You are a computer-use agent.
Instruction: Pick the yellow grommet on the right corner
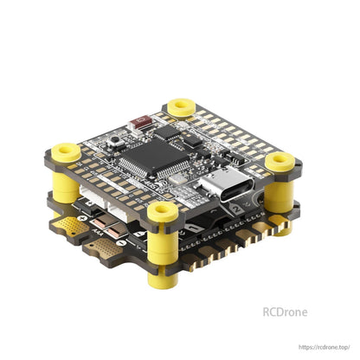278,161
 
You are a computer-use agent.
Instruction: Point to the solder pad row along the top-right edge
234,130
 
